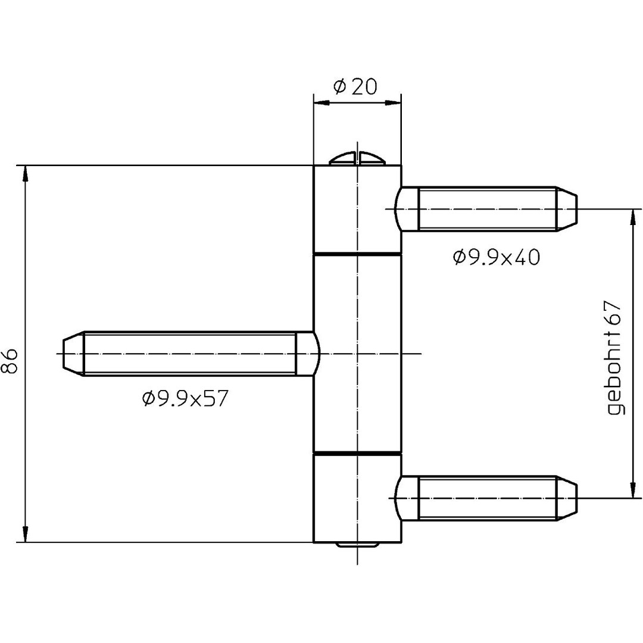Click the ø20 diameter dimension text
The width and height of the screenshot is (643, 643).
coord(356,87)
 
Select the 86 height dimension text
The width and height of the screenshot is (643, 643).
coord(11,361)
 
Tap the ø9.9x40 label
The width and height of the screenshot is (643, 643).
coord(496,257)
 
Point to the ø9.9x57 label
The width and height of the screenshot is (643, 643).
coord(185,398)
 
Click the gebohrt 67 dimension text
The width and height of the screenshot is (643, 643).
coord(615,357)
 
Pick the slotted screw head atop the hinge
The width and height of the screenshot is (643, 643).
coord(357,158)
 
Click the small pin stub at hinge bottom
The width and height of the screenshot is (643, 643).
coord(357,545)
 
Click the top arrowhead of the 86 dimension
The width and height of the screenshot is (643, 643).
coord(25,173)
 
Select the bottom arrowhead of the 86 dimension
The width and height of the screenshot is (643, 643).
coord(25,534)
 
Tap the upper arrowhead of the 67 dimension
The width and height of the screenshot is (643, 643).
coord(631,217)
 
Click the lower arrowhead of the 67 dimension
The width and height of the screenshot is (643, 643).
coord(631,490)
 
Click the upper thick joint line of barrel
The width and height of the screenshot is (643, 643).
coord(357,255)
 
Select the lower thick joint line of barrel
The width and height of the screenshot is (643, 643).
coord(357,454)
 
